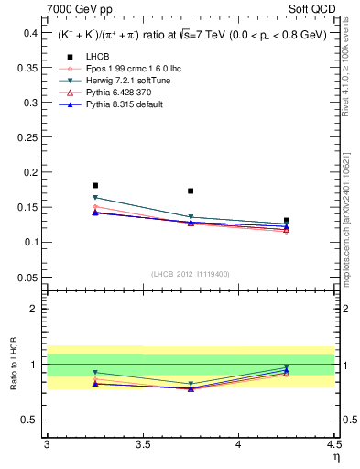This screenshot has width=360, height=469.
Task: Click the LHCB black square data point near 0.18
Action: [95, 185]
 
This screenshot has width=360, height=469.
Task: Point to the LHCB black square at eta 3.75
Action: [191, 191]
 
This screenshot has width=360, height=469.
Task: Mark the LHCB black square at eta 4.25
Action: [287, 221]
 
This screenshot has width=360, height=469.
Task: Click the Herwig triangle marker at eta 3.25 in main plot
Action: [95, 197]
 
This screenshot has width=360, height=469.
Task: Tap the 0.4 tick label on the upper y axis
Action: [29, 32]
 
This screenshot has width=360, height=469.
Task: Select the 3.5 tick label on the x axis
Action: [142, 446]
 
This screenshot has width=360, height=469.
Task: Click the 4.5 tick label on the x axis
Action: [333, 446]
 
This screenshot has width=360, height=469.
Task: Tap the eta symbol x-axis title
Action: [336, 458]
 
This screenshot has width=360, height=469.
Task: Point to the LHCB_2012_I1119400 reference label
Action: [191, 274]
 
